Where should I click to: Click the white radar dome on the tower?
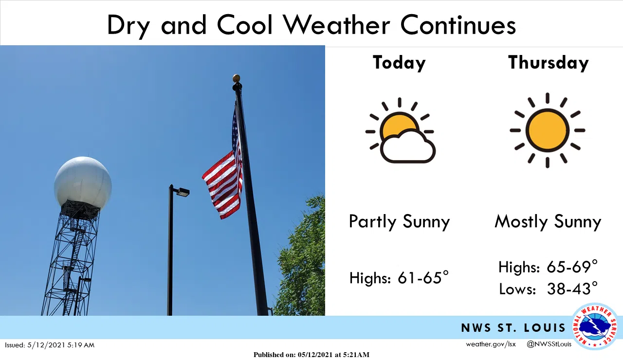pos(83,182)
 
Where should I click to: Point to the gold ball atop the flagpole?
pos(237,78)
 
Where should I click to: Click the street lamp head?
pos(182,192)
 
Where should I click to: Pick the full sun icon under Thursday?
pos(548,130)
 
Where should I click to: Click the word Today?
pos(399,63)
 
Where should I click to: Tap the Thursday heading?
pos(549,63)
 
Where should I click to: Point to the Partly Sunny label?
pos(400,222)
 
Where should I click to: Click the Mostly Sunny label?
pos(548,222)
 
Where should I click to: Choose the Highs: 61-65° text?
pos(399,278)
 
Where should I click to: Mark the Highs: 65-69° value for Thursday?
pos(548,267)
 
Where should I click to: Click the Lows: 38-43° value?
pos(548,289)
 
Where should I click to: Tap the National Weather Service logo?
pos(595,326)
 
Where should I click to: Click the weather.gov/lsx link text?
pos(491,344)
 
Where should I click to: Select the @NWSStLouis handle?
pos(549,344)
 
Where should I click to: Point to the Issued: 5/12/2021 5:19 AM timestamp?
pos(50,345)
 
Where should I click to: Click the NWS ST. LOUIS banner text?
pos(513,328)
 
